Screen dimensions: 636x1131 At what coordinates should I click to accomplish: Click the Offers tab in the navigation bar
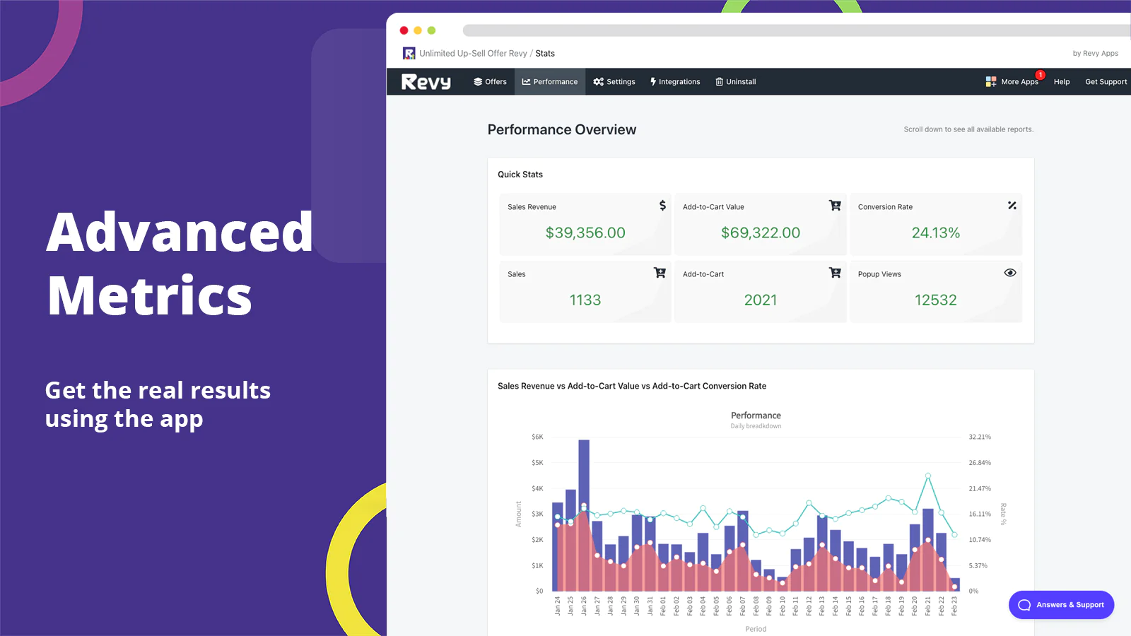pos(490,82)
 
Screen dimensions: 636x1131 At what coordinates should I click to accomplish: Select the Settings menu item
pos(614,82)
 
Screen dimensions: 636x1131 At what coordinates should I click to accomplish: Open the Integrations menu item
pos(675,82)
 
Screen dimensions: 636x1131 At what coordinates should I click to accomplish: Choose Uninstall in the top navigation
pos(736,82)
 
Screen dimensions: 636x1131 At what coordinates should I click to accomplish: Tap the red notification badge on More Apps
pos(1041,75)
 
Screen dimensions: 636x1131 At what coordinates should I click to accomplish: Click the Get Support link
pos(1106,82)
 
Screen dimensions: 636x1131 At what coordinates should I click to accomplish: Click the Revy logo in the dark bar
pos(426,82)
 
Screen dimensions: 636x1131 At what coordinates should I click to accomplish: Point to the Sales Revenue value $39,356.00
pos(585,232)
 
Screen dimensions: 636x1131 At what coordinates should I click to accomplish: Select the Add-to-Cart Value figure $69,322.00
pos(761,232)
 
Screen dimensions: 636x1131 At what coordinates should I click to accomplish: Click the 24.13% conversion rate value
pos(935,232)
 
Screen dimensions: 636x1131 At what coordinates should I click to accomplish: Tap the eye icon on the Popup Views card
pos(1010,273)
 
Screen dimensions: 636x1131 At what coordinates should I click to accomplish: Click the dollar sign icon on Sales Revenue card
pos(662,206)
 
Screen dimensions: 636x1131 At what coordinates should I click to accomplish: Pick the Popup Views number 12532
pos(935,300)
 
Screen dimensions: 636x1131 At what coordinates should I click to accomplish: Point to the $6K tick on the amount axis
pos(537,437)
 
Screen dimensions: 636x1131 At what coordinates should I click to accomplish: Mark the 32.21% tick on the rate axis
pos(980,437)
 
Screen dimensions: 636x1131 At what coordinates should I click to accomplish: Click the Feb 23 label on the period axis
pos(954,606)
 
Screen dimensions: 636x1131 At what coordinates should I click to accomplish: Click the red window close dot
pos(404,30)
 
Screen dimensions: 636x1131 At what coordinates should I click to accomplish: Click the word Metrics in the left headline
pos(150,295)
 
